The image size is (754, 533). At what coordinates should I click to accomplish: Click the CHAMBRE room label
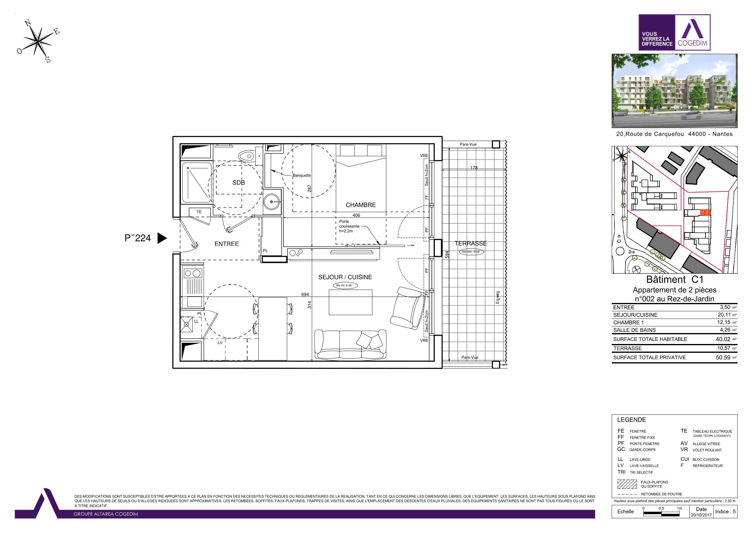point(360,205)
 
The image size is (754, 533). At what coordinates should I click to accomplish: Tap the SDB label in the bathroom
point(238,183)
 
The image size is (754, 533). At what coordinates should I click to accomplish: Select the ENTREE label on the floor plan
point(226,244)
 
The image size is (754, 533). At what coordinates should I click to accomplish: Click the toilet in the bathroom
point(247,156)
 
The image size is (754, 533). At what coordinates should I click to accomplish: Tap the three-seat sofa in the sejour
point(350,345)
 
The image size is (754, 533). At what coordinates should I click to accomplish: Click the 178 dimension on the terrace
point(473,168)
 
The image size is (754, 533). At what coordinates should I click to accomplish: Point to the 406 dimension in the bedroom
point(356,215)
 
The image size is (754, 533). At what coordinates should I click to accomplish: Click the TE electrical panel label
point(199,212)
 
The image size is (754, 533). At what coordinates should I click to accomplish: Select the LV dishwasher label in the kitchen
point(220,342)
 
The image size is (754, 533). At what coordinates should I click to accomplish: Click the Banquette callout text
point(301,175)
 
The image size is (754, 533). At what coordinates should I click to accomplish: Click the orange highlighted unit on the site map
point(705,213)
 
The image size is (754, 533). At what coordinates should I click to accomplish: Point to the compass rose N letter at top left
point(28,23)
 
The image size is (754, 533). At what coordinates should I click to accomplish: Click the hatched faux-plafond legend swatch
point(627,484)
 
